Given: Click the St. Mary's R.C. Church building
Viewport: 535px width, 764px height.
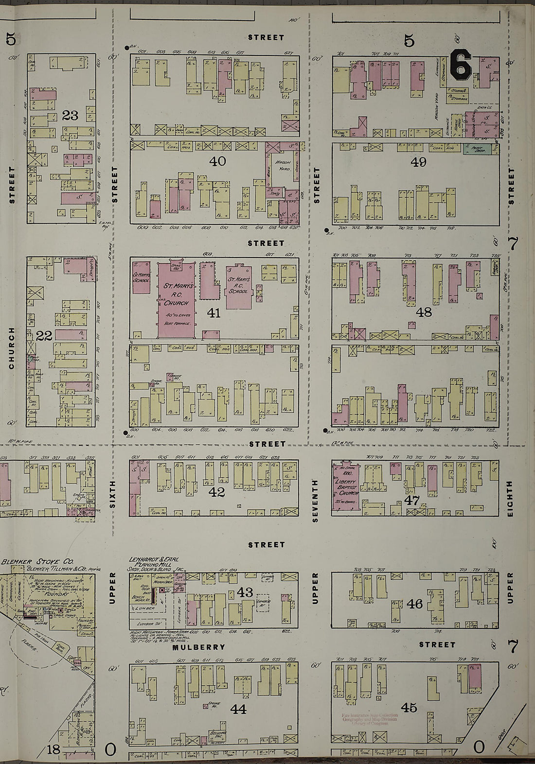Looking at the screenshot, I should coord(176,301).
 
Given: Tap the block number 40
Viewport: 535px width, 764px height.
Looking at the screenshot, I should coord(217,161).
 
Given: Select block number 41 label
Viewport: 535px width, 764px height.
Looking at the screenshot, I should coord(214,313).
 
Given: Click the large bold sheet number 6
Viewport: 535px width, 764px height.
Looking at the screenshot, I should coord(460,65).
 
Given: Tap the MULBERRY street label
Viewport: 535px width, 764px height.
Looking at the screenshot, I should coord(199,647).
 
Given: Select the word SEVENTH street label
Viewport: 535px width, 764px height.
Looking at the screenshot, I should coord(315,501).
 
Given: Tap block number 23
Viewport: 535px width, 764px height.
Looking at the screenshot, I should coord(70,116).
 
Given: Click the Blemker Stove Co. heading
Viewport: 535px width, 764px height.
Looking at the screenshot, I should coord(37,562).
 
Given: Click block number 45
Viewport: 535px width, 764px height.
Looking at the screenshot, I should coord(409,707).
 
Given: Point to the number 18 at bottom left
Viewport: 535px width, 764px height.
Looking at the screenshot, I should coord(53,749).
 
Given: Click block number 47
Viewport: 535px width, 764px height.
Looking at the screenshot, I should coord(412,500).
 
